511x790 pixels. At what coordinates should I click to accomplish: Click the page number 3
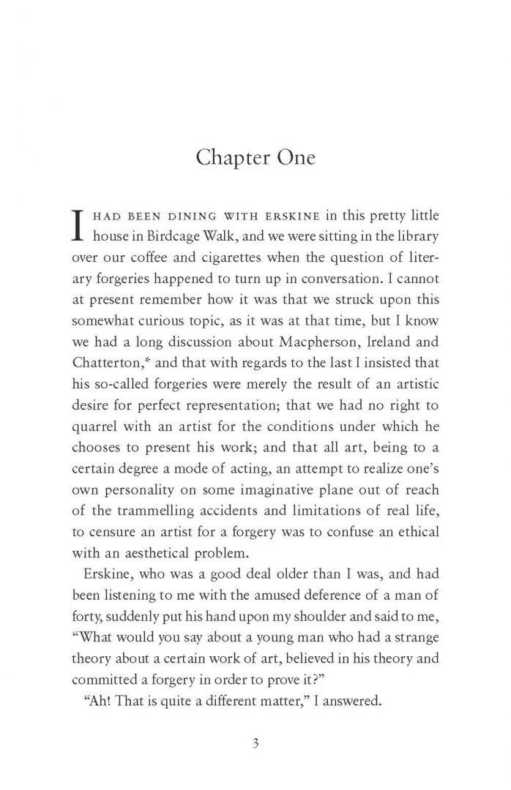pyautogui.click(x=255, y=743)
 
